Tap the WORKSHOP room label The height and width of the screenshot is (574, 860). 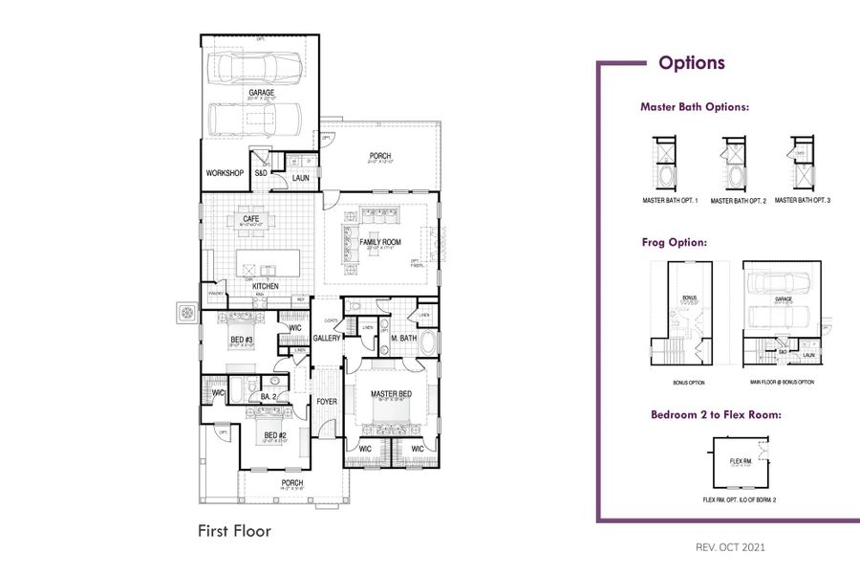225,173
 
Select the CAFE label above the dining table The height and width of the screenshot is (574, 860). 251,219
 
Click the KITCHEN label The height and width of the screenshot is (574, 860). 265,286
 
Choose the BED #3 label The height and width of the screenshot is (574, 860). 241,340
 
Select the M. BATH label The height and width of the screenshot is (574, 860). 403,339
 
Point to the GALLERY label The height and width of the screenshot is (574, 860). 328,339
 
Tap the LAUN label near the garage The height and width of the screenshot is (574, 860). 300,178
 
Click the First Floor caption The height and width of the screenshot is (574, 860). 234,530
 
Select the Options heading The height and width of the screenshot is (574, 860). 691,63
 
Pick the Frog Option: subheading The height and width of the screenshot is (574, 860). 674,243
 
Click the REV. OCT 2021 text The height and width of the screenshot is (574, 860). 730,548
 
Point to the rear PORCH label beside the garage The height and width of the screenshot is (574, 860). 380,156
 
